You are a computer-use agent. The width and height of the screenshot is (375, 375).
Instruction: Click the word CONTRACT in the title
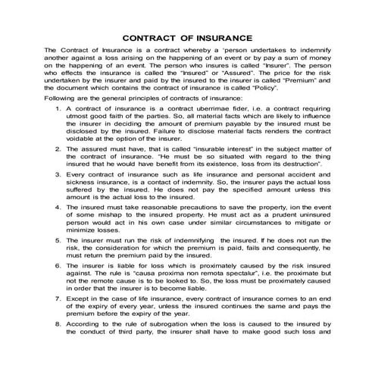[150, 36]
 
